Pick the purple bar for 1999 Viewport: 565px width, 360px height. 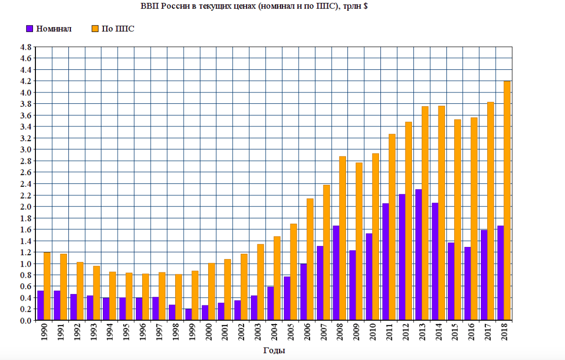188,315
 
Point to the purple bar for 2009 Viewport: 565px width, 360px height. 352,285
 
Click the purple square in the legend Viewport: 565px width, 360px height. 30,29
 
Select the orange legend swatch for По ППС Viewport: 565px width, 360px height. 95,29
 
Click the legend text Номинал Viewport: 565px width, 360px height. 54,29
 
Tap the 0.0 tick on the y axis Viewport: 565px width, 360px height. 26,321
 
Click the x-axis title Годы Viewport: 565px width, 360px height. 274,351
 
